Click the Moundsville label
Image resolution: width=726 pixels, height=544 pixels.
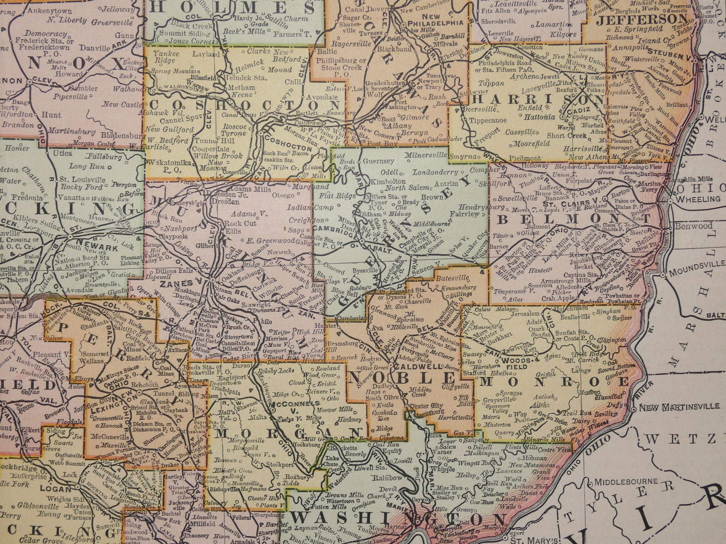[696, 264]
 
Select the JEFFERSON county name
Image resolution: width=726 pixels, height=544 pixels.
[642, 19]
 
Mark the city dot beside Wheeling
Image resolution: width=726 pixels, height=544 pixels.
[670, 200]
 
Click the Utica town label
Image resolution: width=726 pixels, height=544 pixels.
[63, 153]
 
